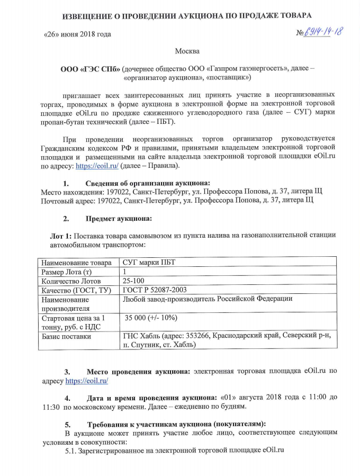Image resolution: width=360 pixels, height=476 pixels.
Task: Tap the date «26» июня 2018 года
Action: pos(76,35)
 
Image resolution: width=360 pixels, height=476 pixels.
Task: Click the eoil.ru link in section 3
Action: pos(87,381)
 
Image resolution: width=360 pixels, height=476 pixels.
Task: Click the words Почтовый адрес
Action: pos(65,200)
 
